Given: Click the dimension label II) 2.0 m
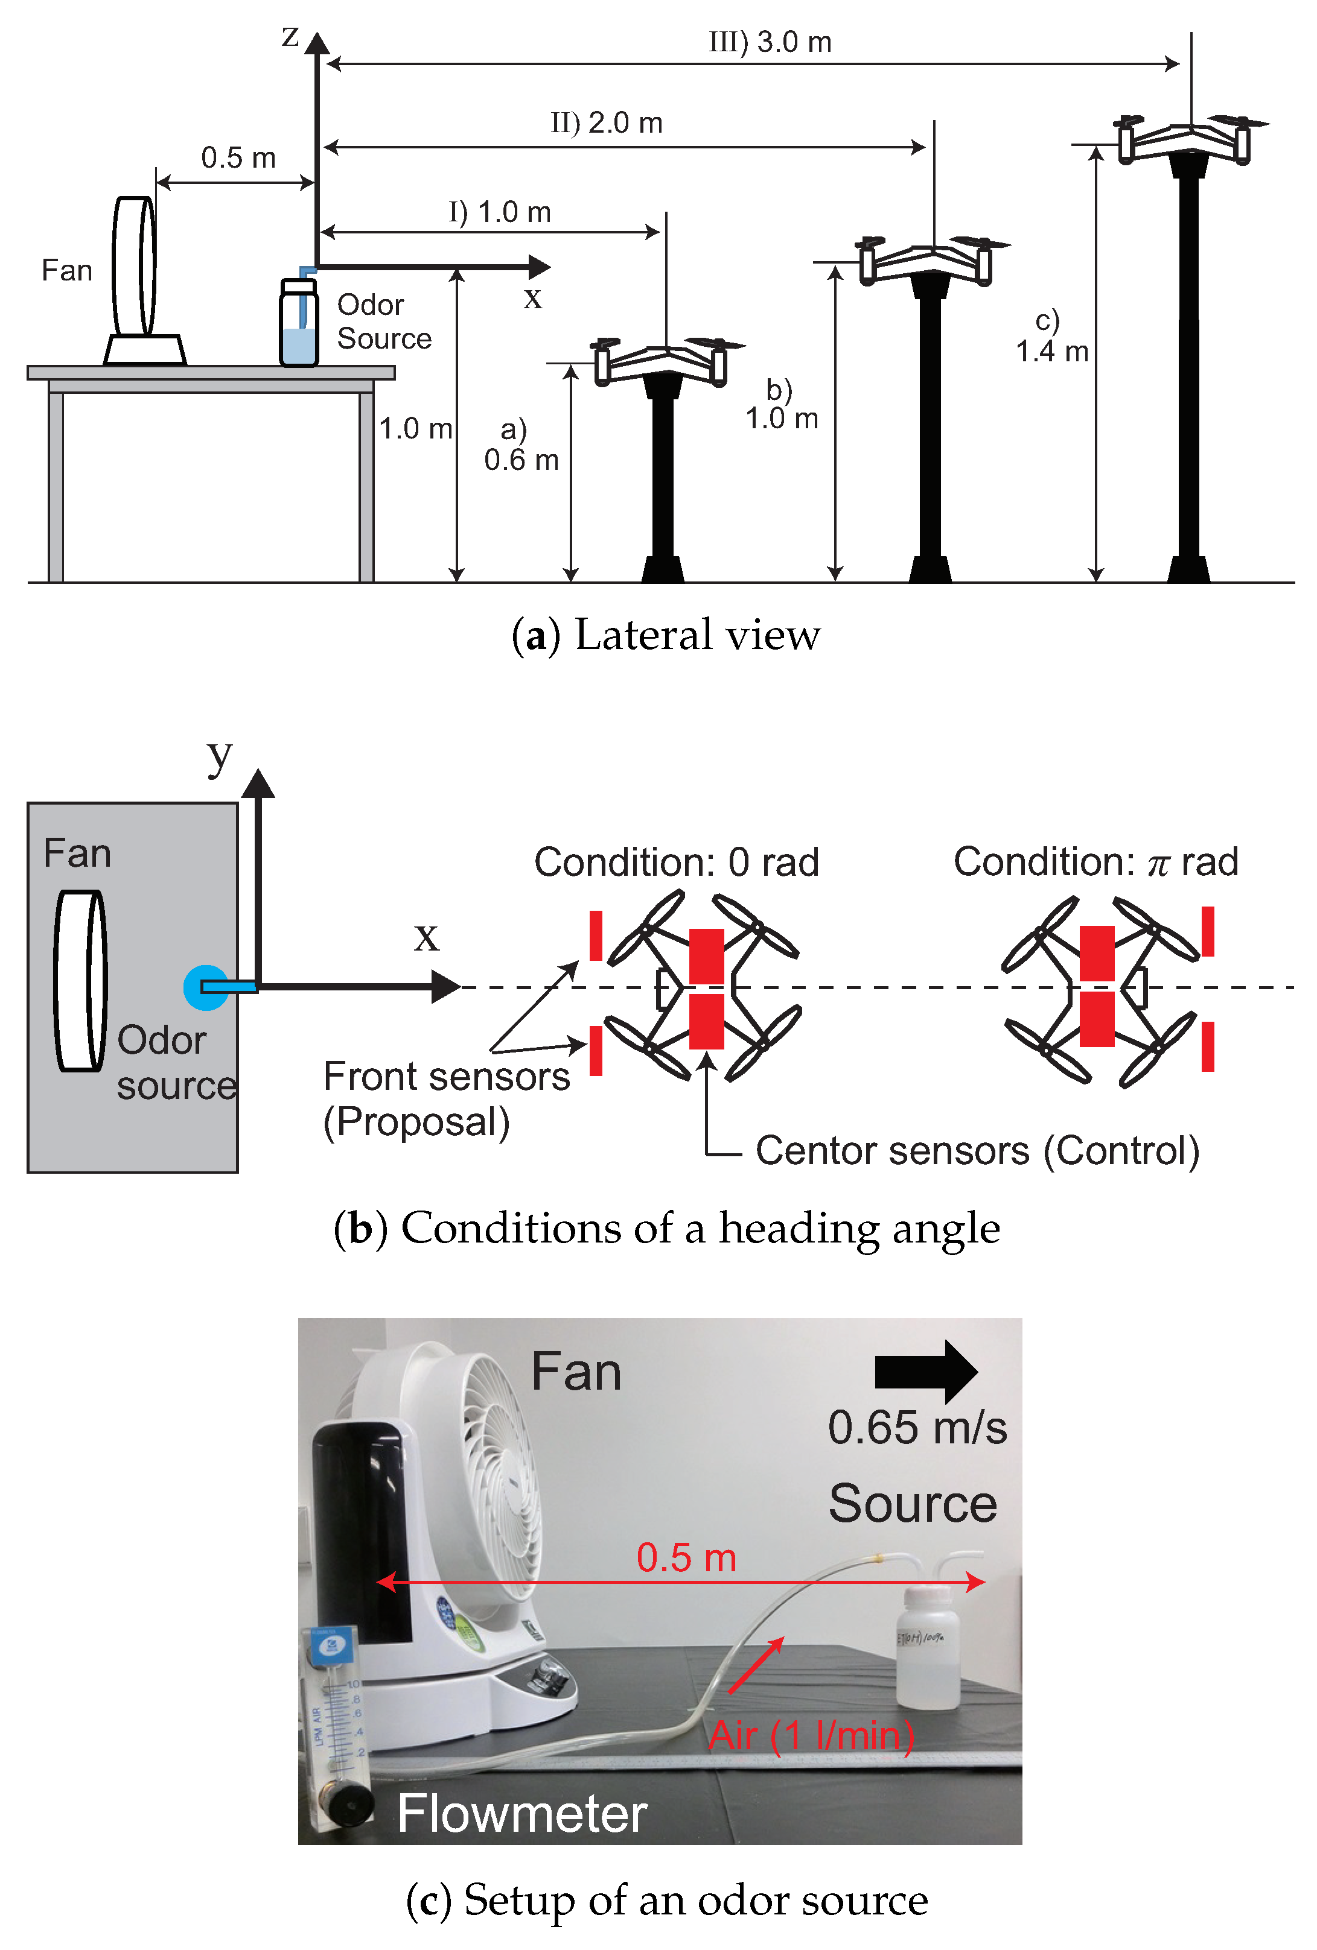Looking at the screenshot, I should [x=606, y=123].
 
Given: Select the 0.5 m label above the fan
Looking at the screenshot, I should [x=238, y=158].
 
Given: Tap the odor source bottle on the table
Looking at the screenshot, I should [x=298, y=324].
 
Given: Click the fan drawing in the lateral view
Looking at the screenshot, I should [x=136, y=268].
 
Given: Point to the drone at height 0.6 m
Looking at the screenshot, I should [x=663, y=361].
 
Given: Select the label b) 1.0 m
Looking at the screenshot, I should [x=780, y=405].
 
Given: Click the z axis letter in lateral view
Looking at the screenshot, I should [x=290, y=37].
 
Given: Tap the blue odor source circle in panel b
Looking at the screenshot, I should [x=204, y=987].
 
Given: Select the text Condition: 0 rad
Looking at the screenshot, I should [x=676, y=863].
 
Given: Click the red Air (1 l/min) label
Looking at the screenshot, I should [x=810, y=1735].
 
